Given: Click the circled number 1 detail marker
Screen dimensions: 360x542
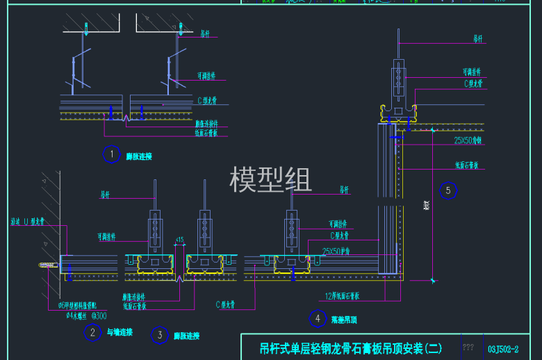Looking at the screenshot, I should (111, 154).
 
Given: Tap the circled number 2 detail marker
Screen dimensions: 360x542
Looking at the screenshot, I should (92, 332).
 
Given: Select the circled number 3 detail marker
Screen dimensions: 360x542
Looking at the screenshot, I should (160, 335).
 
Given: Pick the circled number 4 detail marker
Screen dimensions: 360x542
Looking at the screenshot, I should (318, 319).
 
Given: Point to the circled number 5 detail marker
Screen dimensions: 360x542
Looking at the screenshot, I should (448, 190).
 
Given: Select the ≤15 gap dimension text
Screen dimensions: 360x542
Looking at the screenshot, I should (179, 240).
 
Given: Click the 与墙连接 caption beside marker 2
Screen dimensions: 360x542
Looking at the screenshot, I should (120, 333).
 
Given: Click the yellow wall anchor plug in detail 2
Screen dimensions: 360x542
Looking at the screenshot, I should (47, 265).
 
